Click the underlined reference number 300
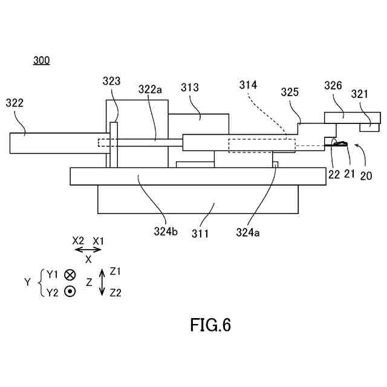pyautogui.click(x=42, y=60)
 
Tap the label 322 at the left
pyautogui.click(x=15, y=103)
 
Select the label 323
pyautogui.click(x=111, y=80)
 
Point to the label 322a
pyautogui.click(x=151, y=90)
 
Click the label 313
pyautogui.click(x=190, y=88)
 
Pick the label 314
pyautogui.click(x=248, y=85)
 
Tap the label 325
pyautogui.click(x=290, y=93)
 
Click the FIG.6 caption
pyautogui.click(x=210, y=325)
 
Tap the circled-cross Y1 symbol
pyautogui.click(x=71, y=274)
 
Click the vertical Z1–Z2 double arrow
pyautogui.click(x=102, y=282)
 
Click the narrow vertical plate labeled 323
pyautogui.click(x=113, y=145)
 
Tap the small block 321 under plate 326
pyautogui.click(x=369, y=128)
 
